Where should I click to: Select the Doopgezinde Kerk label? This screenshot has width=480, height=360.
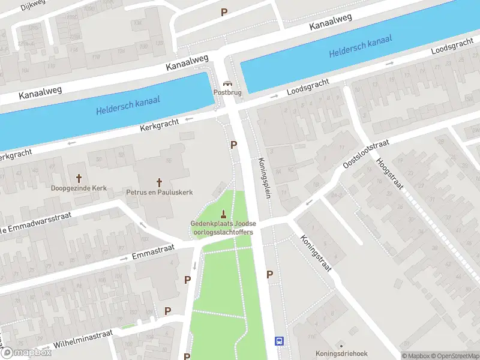point(79,188)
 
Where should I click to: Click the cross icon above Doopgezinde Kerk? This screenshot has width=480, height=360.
point(79,178)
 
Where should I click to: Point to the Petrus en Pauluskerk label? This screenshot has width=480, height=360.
point(160,192)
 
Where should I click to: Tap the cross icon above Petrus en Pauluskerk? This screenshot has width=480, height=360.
point(160,182)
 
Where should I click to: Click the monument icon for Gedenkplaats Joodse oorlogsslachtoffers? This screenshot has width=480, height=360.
point(223,214)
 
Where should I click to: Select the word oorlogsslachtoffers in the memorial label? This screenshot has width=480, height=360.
point(223,232)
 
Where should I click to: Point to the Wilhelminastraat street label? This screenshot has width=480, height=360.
point(83,340)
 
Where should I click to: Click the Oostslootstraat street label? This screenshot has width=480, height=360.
point(365,155)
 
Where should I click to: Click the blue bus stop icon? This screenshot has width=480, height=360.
point(280,341)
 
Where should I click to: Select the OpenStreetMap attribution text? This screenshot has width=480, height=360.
point(454,356)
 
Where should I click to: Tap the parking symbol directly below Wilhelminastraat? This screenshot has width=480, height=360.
point(187,356)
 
